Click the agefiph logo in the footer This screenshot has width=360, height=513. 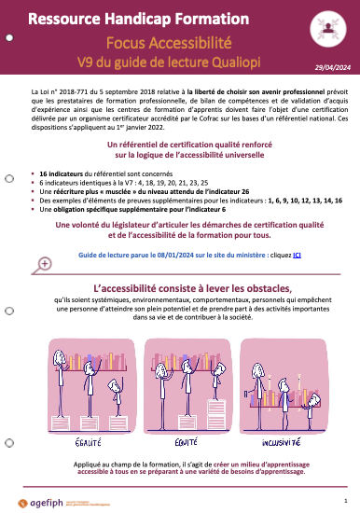click(x=62, y=497)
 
